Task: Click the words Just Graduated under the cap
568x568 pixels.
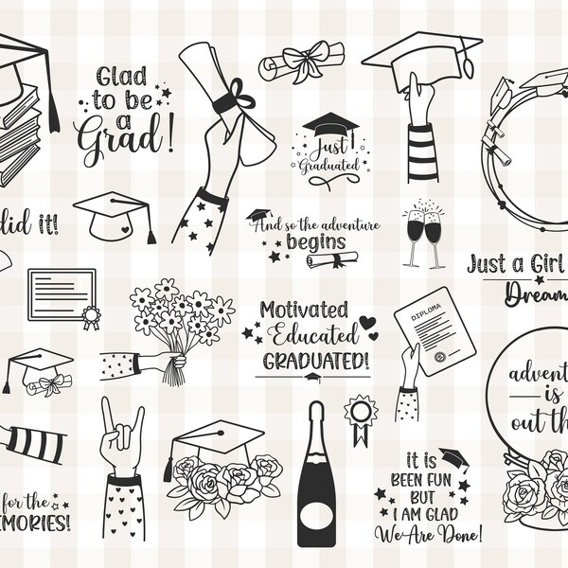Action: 329,155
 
